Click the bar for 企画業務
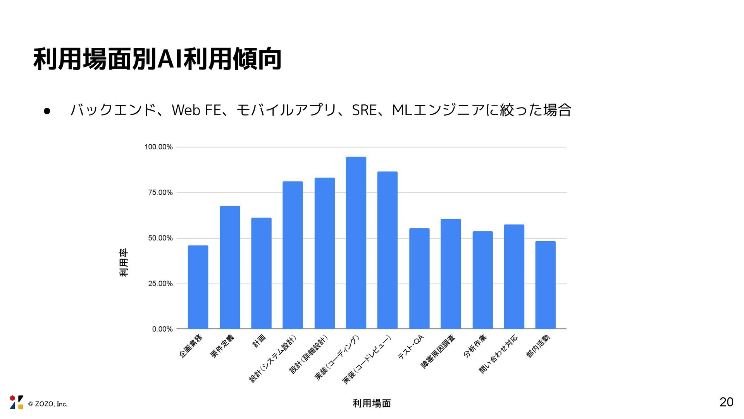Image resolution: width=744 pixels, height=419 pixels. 198,287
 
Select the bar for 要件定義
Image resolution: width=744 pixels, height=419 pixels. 230,267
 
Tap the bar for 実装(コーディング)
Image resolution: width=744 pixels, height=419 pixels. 356,243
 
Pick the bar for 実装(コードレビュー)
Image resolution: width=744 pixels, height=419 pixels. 387,250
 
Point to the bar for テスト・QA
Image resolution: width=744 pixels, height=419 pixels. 419,279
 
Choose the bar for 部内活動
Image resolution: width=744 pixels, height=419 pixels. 545,285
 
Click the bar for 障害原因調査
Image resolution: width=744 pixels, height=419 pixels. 451,274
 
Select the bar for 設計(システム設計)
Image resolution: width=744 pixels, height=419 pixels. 293,255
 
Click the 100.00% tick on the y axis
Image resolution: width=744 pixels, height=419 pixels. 158,147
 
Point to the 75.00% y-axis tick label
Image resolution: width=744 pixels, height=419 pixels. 160,193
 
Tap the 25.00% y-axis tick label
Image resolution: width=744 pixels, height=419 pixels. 160,284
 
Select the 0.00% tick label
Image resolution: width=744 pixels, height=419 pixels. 162,329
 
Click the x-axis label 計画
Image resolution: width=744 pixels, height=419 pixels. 259,341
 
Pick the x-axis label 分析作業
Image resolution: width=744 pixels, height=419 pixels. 475,346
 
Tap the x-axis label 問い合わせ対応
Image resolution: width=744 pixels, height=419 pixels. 498,354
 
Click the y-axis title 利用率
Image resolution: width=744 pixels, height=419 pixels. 124,263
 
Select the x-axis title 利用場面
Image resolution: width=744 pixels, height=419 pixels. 372,403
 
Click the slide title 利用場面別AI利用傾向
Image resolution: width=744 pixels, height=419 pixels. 157,59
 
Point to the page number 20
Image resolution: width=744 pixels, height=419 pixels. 726,402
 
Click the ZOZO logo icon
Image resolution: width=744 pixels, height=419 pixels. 17,402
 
